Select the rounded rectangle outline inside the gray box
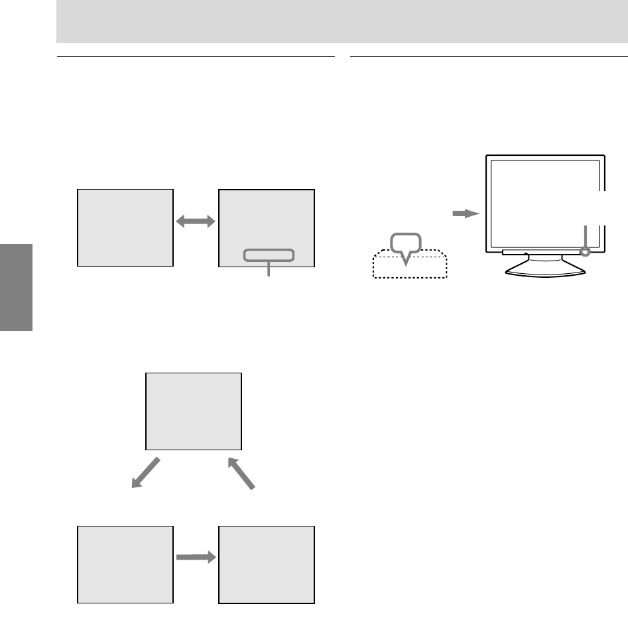[x=268, y=255]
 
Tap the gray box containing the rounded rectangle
[x=266, y=219]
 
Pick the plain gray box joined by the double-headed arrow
[x=125, y=227]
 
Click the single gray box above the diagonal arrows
[x=194, y=411]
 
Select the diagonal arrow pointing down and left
[x=145, y=472]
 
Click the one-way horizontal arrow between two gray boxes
[x=196, y=558]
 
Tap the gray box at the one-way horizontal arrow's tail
[x=125, y=564]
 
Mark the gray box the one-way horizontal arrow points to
[x=266, y=564]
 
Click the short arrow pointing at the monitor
[x=464, y=214]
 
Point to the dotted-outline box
[x=409, y=267]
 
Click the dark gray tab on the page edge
[x=16, y=286]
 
